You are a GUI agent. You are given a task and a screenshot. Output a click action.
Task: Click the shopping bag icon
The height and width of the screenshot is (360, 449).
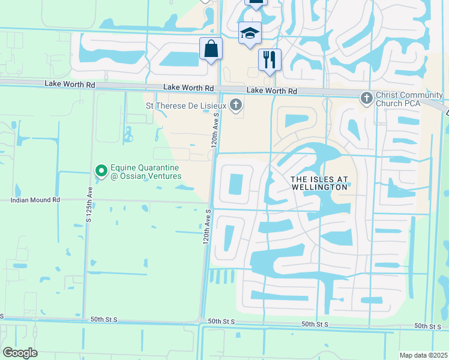211,49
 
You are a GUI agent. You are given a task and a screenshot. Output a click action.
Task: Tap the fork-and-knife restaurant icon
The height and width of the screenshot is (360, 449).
270,60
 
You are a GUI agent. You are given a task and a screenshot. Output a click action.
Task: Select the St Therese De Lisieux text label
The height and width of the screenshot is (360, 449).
186,106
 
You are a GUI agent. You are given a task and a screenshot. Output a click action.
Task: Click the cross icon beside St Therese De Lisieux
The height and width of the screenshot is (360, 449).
236,106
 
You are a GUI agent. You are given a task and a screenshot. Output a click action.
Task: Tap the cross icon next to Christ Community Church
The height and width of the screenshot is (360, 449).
367,97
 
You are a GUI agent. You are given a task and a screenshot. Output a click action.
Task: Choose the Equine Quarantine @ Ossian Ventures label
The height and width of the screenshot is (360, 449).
146,171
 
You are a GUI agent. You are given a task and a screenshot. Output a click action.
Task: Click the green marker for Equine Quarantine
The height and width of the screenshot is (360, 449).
100,171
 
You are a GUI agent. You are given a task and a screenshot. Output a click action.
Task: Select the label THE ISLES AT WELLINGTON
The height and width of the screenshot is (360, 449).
319,183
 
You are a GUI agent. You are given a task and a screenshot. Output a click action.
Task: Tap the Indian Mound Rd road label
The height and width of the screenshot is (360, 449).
35,200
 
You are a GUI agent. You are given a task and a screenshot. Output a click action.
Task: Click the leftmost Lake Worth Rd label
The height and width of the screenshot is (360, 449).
70,85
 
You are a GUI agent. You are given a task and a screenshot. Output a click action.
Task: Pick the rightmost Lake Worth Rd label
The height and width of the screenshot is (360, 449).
272,91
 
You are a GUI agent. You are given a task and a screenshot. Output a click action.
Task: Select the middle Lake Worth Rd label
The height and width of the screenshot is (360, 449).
188,88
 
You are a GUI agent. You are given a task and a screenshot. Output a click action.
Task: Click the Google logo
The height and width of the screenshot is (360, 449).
19,353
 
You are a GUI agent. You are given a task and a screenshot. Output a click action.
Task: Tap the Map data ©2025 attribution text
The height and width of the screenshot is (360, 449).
423,355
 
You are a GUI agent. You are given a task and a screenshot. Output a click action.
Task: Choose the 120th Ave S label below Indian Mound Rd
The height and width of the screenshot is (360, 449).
207,227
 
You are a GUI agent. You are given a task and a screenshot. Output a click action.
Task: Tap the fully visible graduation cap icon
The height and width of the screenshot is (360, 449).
249,34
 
